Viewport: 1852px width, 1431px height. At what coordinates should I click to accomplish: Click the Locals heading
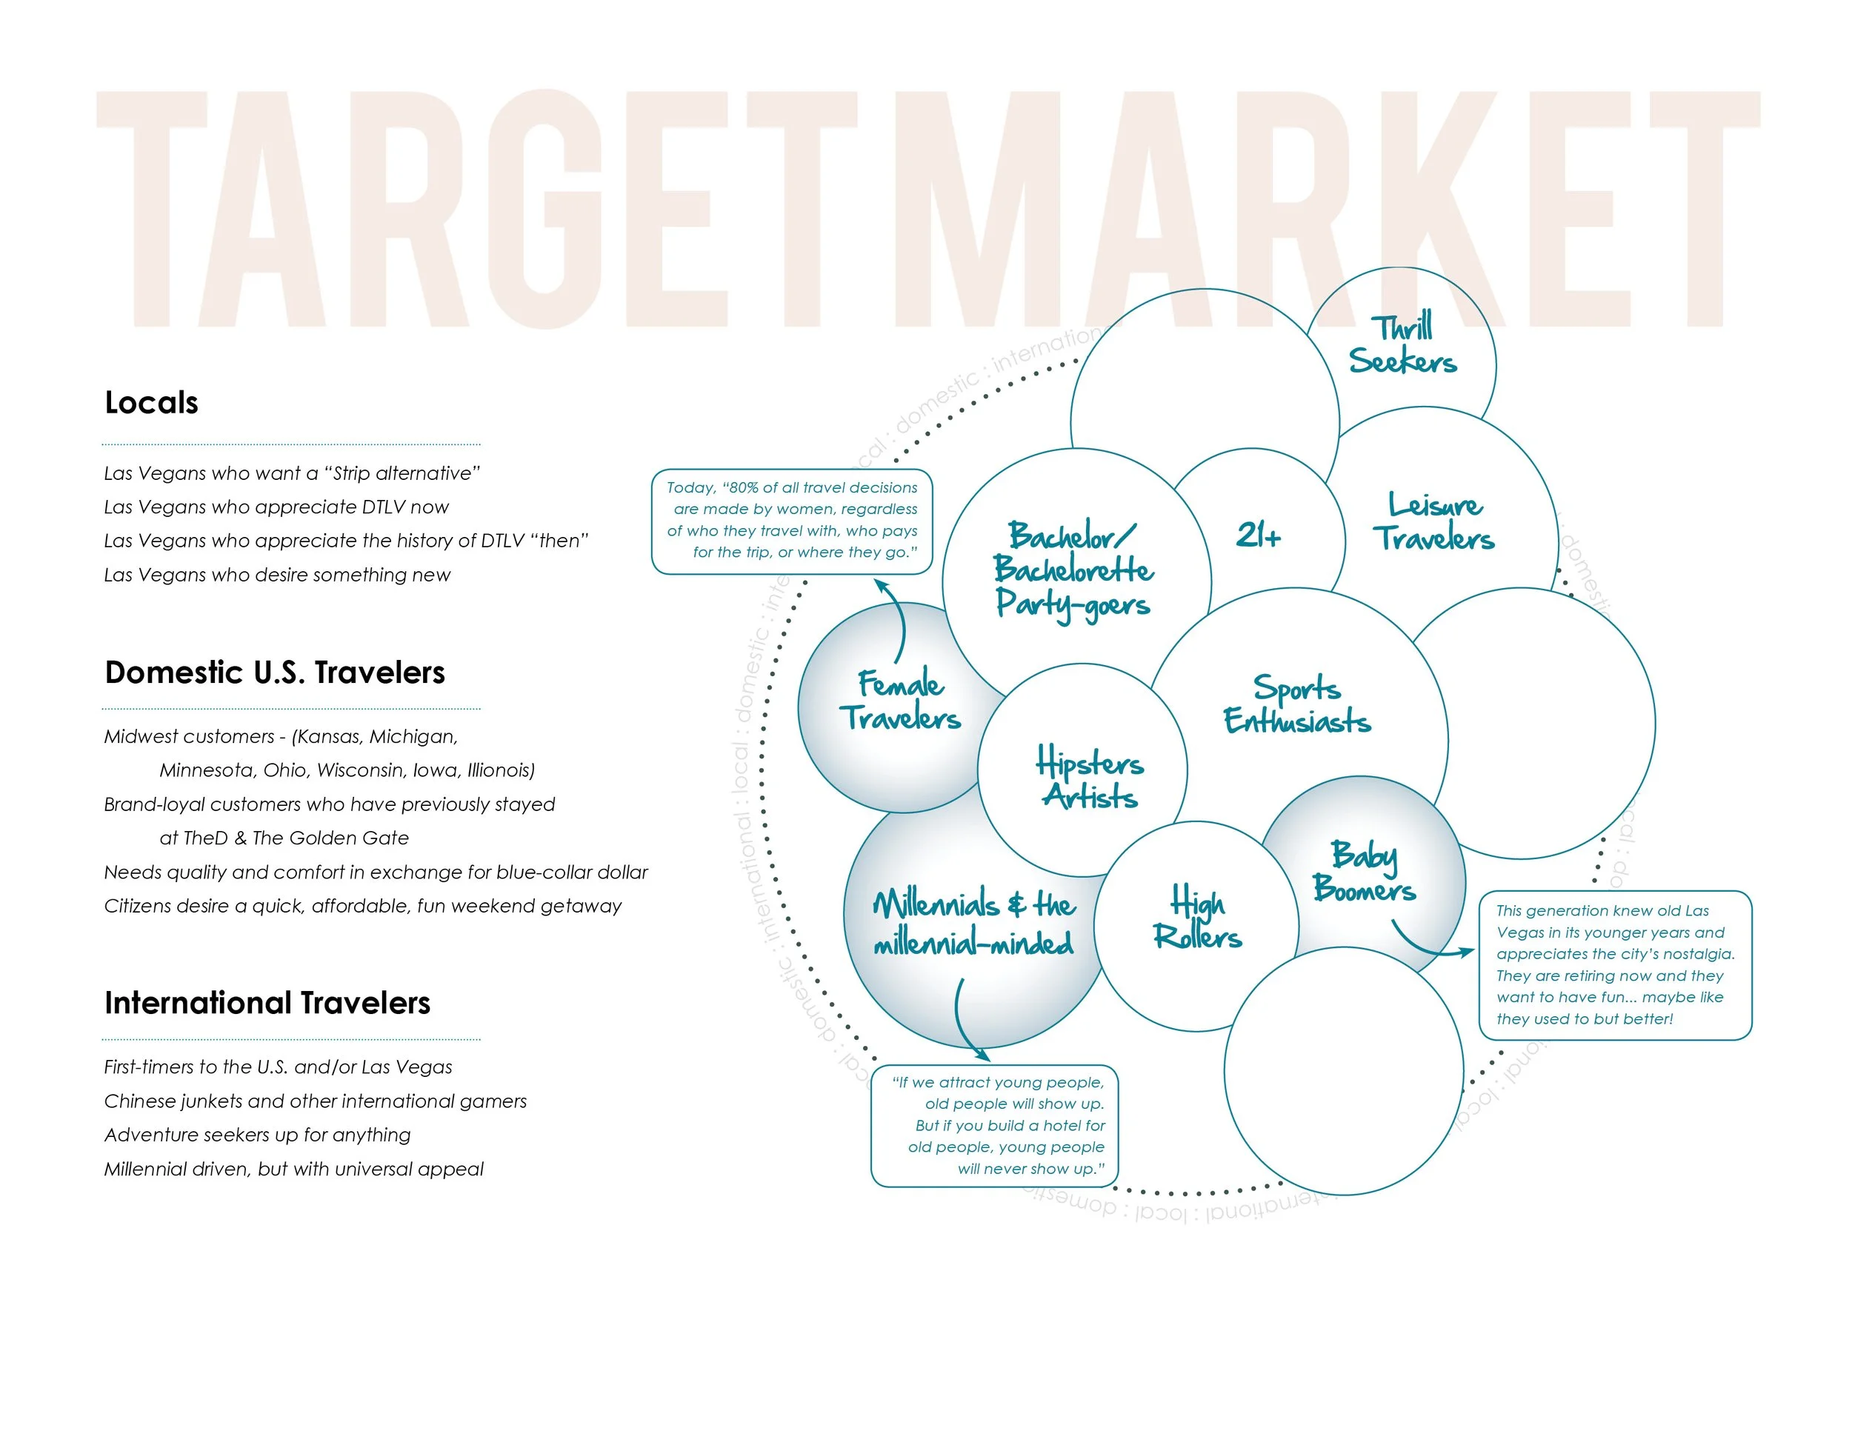(151, 403)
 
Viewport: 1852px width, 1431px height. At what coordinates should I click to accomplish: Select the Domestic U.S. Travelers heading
(275, 673)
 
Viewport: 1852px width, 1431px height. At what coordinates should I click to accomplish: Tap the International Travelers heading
(267, 1003)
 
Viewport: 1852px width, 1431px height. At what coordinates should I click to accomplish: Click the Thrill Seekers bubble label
(1402, 345)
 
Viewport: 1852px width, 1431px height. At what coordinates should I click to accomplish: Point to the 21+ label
(1259, 535)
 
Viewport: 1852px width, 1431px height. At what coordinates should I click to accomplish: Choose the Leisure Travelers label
(1434, 522)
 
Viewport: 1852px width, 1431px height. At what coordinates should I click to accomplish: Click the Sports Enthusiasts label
(1296, 704)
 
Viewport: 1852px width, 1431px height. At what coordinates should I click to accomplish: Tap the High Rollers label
(1197, 919)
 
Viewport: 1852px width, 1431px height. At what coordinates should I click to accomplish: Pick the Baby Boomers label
(1365, 873)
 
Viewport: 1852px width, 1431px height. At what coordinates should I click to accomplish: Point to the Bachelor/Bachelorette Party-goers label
(1073, 570)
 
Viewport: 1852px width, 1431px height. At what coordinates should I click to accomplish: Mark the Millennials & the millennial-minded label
(974, 923)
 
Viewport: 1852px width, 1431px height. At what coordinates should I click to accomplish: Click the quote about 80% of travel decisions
(792, 521)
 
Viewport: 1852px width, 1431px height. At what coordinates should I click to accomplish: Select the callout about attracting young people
(996, 1125)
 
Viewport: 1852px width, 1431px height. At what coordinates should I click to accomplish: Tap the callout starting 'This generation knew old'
(1614, 964)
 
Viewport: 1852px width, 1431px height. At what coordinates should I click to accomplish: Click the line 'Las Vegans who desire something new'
(277, 575)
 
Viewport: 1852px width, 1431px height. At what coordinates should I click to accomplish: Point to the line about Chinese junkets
(316, 1101)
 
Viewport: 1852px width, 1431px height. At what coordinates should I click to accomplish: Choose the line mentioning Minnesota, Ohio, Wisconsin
(347, 770)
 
